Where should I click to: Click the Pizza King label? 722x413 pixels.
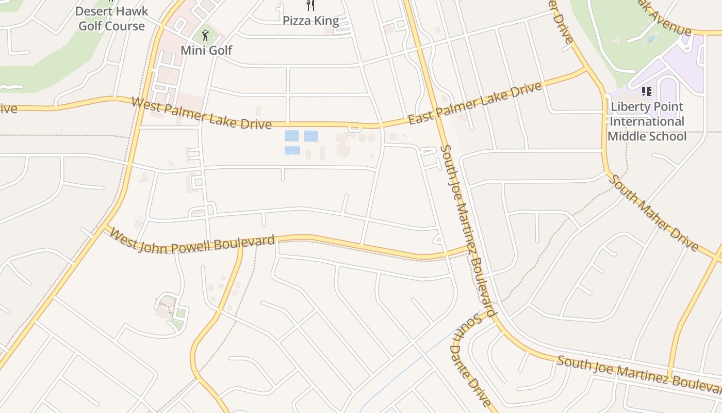click(310, 21)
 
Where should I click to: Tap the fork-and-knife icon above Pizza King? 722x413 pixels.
click(310, 5)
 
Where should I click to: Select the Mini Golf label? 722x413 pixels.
click(206, 50)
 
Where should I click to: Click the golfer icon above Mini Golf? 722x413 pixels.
click(206, 35)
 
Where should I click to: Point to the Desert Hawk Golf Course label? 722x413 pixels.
click(111, 18)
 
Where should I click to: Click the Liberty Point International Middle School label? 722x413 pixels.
click(647, 122)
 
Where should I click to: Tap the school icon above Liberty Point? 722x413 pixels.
click(647, 91)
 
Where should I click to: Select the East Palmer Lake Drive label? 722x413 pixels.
click(475, 103)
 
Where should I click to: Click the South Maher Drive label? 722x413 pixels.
click(653, 213)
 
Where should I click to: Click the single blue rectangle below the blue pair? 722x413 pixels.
click(292, 150)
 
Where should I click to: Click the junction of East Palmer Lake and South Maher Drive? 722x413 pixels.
click(586, 68)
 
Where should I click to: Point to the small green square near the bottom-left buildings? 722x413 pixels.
click(180, 313)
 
